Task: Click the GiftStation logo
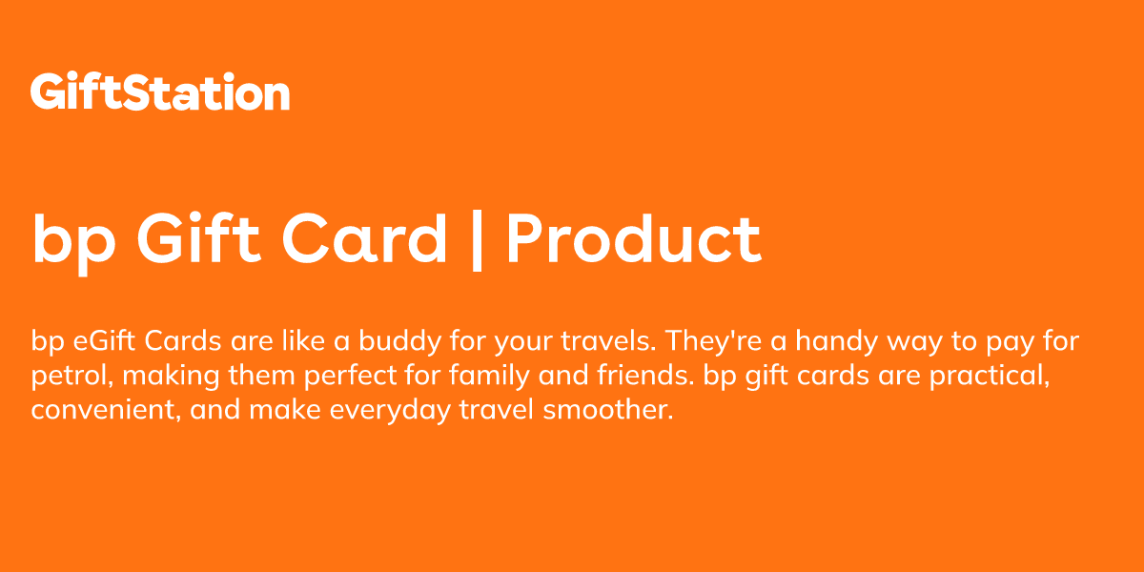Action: pyautogui.click(x=160, y=93)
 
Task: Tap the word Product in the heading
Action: pyautogui.click(x=633, y=239)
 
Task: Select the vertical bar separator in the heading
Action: pyautogui.click(x=476, y=239)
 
